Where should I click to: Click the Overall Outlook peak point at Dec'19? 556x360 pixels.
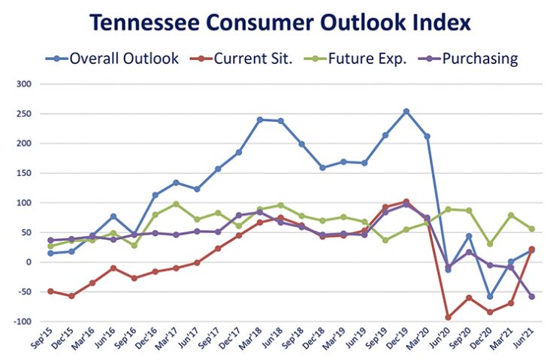(406, 111)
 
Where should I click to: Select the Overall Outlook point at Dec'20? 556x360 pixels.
(490, 296)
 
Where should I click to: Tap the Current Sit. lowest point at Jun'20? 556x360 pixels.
(448, 317)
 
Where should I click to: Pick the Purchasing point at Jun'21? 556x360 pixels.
(531, 296)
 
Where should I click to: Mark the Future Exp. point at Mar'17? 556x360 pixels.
(176, 204)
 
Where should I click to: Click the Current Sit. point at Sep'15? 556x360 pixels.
(51, 291)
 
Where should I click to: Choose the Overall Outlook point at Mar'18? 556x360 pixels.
(260, 119)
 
